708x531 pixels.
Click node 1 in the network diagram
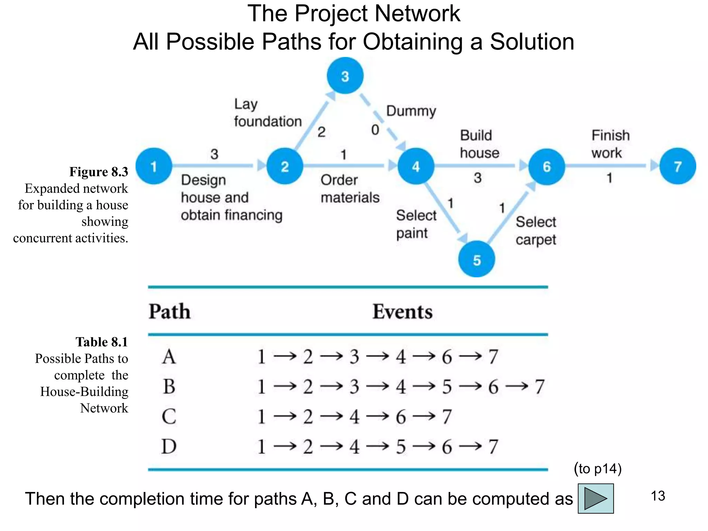(154, 166)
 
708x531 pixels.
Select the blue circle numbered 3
(345, 76)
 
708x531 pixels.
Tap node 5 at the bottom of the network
(476, 259)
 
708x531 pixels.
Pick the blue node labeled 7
(677, 166)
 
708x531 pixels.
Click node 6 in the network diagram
(546, 166)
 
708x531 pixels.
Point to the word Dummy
(411, 111)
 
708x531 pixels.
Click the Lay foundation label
(268, 113)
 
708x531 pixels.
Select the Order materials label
(350, 189)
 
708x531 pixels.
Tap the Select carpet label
(535, 231)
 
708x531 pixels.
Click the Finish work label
(610, 144)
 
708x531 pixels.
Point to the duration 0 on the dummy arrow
(375, 130)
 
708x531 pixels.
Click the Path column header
(169, 311)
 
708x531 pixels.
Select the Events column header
(402, 311)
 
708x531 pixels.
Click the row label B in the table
(169, 386)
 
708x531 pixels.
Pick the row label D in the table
(169, 446)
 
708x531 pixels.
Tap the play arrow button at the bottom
(595, 499)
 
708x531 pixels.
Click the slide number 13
(658, 496)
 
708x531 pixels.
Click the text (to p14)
(598, 469)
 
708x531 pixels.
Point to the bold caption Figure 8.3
(99, 172)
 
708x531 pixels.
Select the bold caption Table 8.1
(102, 342)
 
